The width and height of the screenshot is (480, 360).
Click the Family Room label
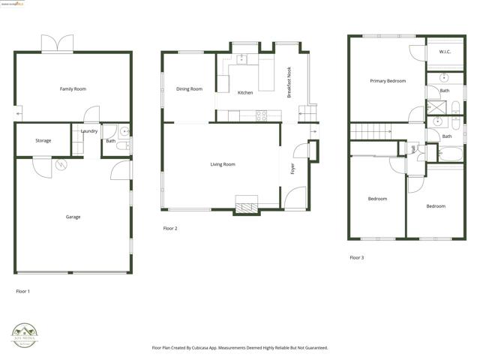pyautogui.click(x=73, y=89)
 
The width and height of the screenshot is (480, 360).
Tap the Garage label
pyautogui.click(x=73, y=217)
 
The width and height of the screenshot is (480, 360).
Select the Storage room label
pyautogui.click(x=43, y=140)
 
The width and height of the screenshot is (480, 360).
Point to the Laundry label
pyautogui.click(x=89, y=131)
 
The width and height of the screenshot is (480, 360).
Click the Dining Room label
pyautogui.click(x=189, y=89)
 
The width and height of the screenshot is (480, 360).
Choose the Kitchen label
pyautogui.click(x=245, y=93)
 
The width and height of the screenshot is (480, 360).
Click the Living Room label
pyautogui.click(x=222, y=164)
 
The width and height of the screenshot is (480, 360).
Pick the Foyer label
pyautogui.click(x=292, y=169)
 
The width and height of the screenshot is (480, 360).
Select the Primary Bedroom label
pyautogui.click(x=387, y=80)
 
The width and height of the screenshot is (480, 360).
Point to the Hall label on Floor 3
pyautogui.click(x=414, y=149)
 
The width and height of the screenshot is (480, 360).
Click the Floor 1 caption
pyautogui.click(x=23, y=290)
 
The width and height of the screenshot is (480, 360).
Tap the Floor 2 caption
pyautogui.click(x=170, y=228)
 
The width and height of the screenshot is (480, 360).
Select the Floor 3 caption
pyautogui.click(x=357, y=257)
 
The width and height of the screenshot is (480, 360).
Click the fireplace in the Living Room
pyautogui.click(x=247, y=205)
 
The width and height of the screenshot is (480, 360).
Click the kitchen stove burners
pyautogui.click(x=262, y=115)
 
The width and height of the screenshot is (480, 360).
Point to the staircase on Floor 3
pyautogui.click(x=370, y=133)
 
